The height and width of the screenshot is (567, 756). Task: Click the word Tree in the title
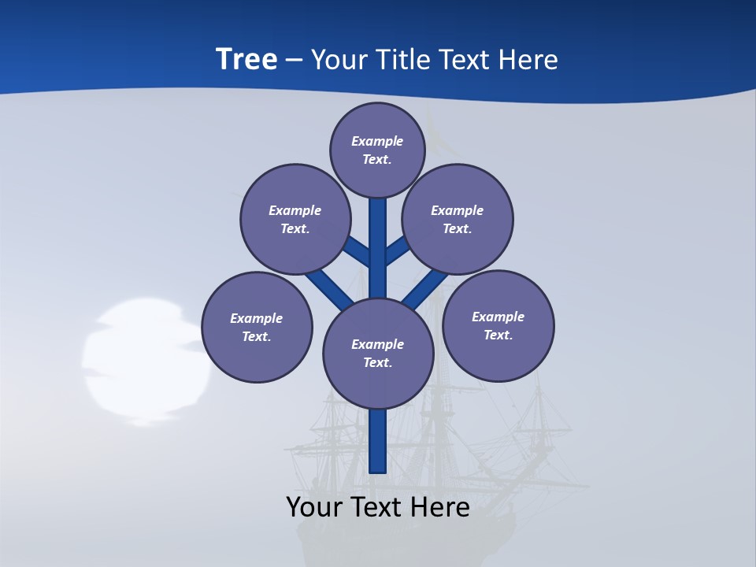click(246, 60)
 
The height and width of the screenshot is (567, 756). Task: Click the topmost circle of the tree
click(377, 150)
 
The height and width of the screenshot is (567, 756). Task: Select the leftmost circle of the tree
click(257, 327)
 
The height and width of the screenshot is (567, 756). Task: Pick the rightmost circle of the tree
click(498, 326)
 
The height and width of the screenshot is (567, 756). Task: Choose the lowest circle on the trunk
click(378, 354)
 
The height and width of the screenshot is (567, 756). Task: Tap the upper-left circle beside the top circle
click(295, 219)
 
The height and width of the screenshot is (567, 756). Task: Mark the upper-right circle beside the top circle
click(457, 219)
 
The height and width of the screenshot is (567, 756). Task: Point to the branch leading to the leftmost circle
click(327, 287)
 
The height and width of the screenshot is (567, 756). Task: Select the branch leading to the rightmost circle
click(426, 287)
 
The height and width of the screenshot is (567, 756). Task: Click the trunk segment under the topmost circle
click(378, 236)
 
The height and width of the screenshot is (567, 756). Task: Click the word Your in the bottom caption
click(315, 508)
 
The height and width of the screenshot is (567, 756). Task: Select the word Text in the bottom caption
click(381, 508)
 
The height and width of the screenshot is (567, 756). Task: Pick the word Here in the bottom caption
click(443, 508)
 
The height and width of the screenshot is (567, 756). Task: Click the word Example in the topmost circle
click(377, 141)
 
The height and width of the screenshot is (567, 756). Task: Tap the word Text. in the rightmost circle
click(498, 335)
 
